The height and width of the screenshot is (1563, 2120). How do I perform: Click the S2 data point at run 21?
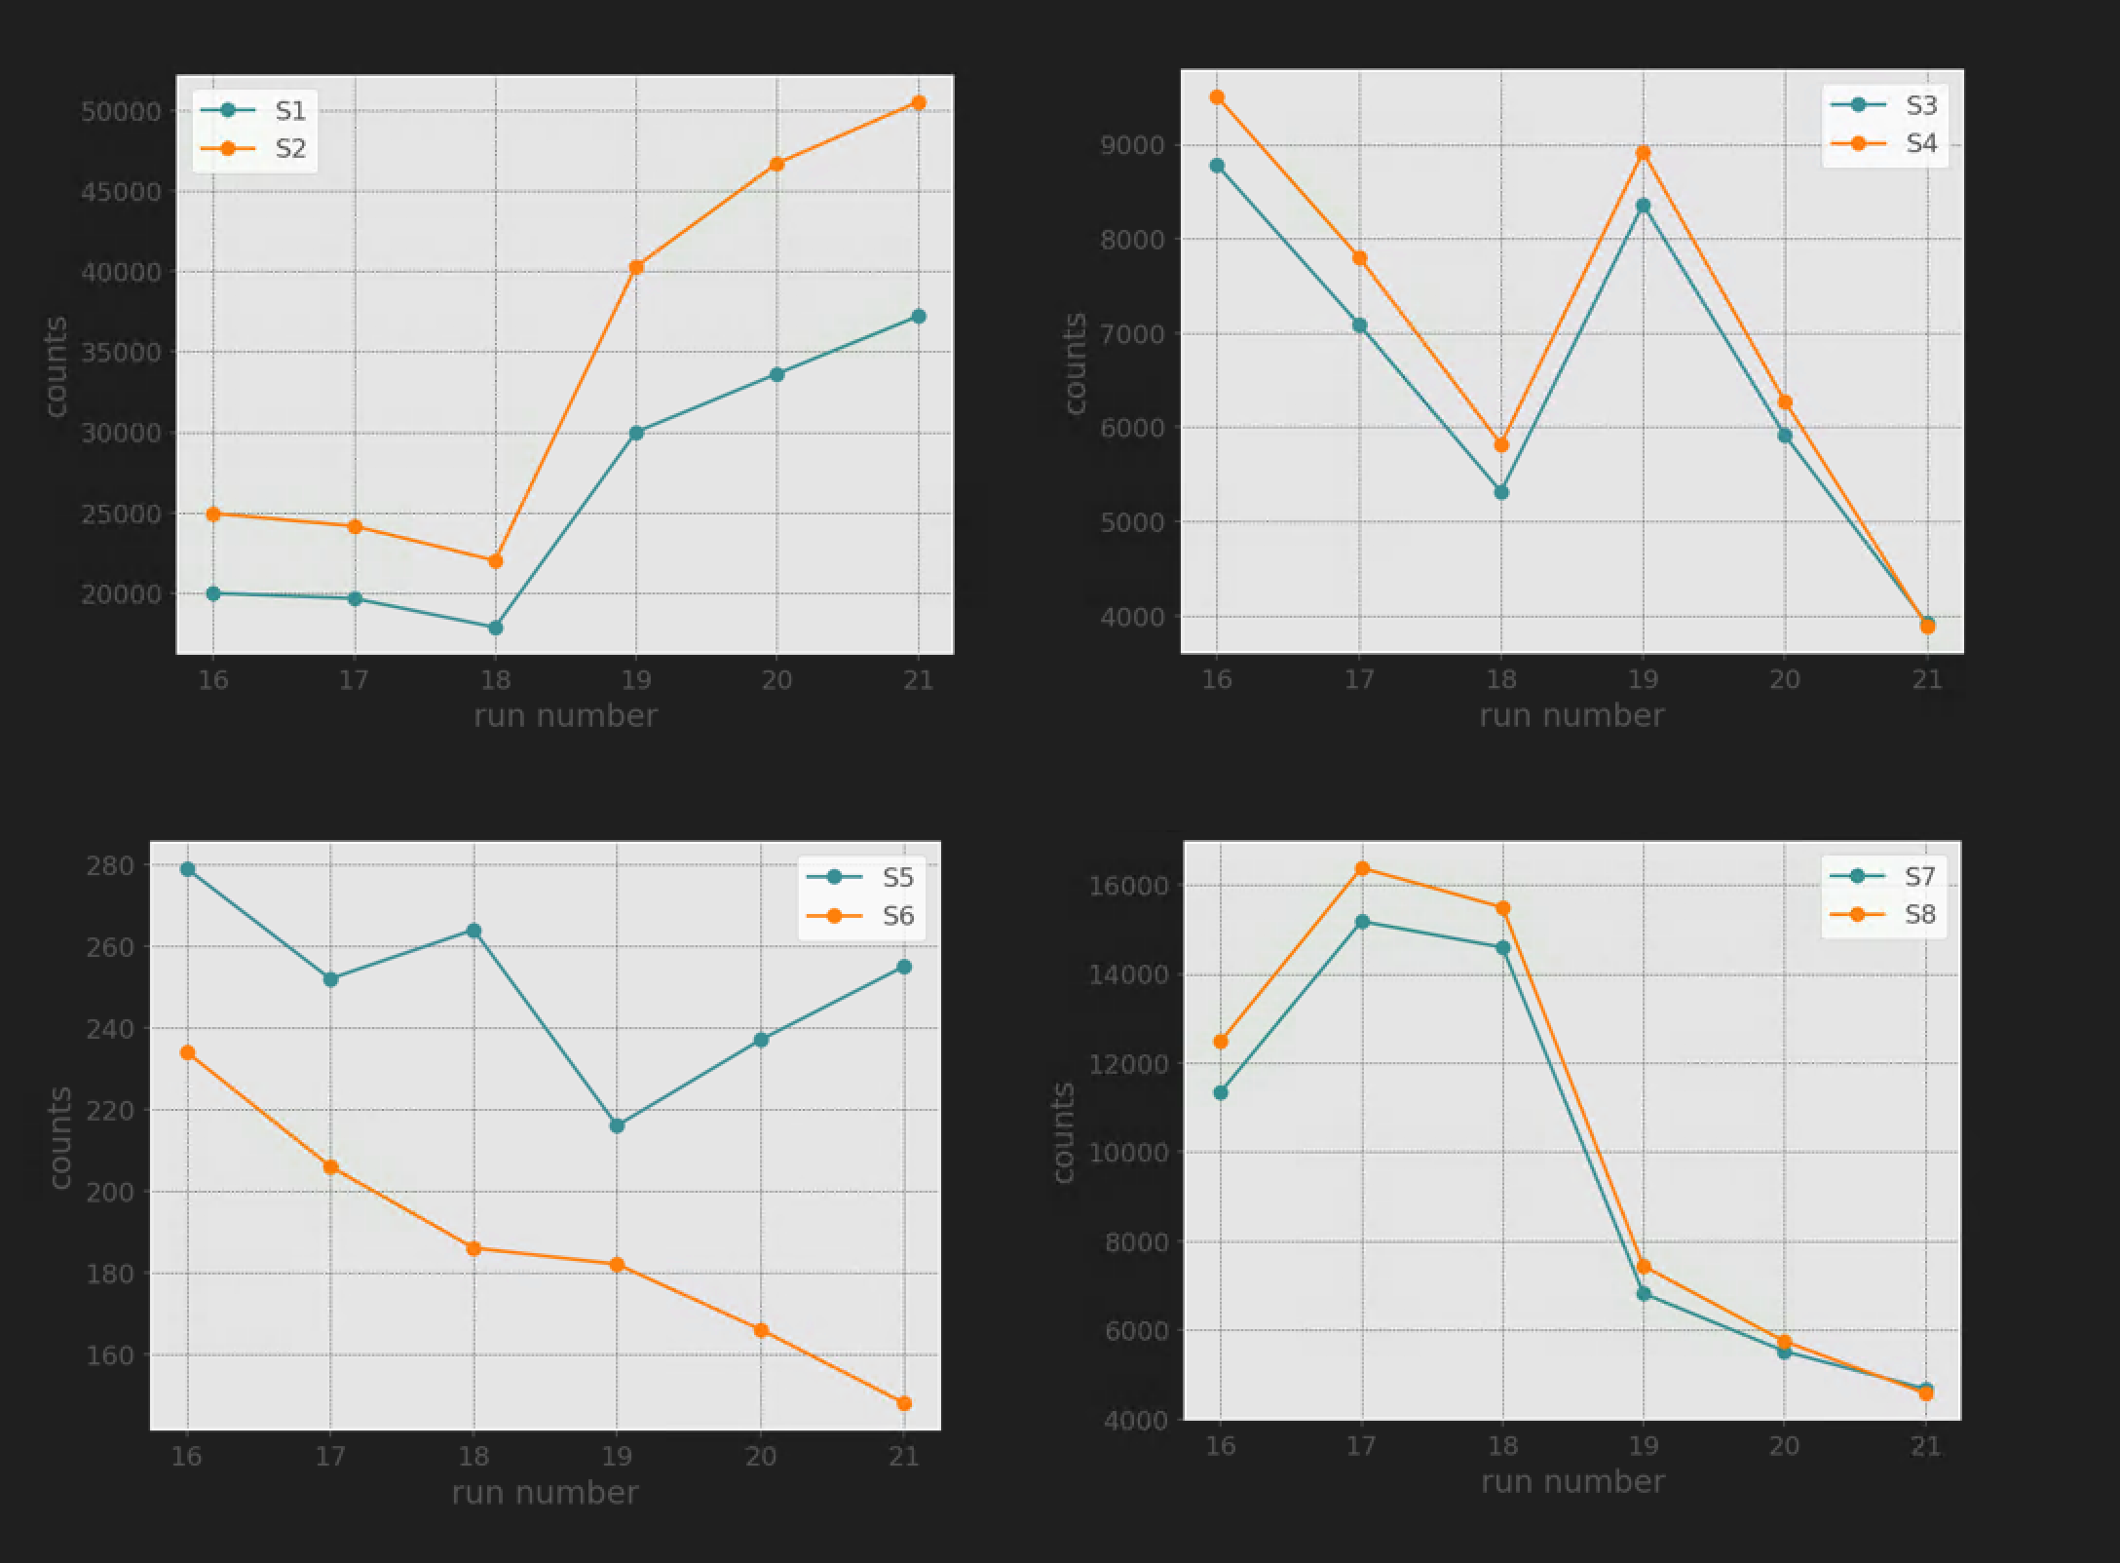pos(918,102)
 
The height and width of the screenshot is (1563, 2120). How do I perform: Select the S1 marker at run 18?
pos(495,628)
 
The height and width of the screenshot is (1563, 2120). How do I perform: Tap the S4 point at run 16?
pos(1217,97)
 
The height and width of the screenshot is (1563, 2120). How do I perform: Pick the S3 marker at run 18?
pos(1501,492)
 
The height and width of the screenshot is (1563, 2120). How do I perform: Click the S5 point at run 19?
pos(617,1125)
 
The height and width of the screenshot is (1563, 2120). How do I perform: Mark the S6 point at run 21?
pos(904,1403)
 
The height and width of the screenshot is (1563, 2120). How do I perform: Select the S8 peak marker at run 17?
pos(1362,868)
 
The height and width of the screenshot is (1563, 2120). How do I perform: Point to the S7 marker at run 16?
pos(1221,1092)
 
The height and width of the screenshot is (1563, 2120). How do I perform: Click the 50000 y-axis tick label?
pos(121,111)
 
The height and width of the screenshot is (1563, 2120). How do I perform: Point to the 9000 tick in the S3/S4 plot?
pos(1132,145)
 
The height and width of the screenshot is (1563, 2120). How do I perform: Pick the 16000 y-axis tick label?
pos(1136,886)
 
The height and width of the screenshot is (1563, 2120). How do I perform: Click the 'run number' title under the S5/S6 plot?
pos(545,1493)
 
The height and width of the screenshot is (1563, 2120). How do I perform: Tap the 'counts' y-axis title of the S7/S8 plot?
pos(1063,1132)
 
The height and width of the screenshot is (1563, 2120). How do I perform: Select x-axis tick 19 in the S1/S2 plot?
pos(635,678)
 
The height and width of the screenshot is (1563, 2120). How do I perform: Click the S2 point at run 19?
pos(636,267)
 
